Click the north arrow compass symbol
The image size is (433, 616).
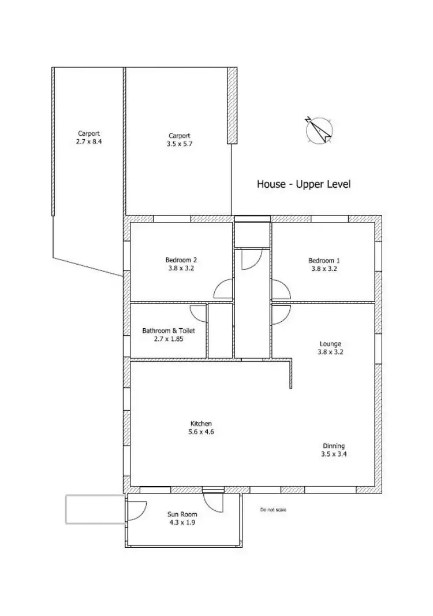pos(319,130)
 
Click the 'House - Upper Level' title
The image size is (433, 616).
pos(304,184)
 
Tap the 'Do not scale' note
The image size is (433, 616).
pos(273,510)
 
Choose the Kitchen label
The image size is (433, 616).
pos(201,424)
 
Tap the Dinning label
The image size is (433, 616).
pos(334,446)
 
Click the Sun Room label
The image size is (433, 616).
pos(182,514)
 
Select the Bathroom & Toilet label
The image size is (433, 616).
pos(169,331)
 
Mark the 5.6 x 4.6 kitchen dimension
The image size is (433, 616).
pos(201,432)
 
